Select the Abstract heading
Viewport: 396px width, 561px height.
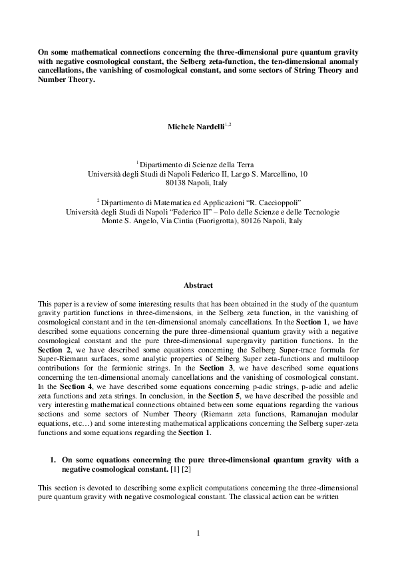[x=198, y=285]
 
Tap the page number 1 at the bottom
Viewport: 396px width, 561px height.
[x=198, y=532]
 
